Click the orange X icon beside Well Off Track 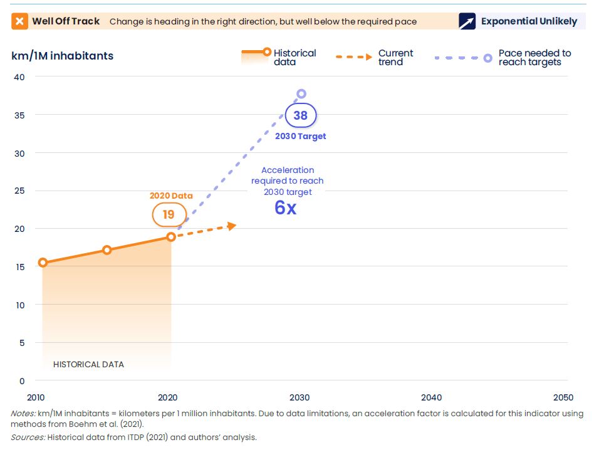point(20,21)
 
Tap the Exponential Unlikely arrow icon point(467,21)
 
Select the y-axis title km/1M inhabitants point(62,56)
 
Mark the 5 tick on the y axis point(21,343)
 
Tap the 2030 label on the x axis point(300,397)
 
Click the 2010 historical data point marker point(43,263)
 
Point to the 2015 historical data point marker point(107,250)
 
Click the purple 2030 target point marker point(301,94)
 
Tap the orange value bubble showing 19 point(169,214)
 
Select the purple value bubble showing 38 point(301,115)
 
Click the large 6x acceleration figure point(285,208)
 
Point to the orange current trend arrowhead point(232,226)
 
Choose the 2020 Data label point(171,196)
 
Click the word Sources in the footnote point(27,437)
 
